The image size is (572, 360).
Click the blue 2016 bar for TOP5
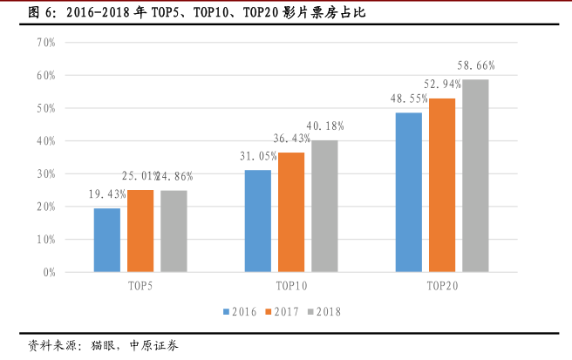(107, 240)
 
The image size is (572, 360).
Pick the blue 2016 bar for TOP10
(257, 221)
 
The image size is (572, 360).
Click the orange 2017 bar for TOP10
(290, 212)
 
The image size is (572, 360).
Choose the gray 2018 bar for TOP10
(323, 206)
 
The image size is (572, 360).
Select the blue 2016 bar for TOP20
(408, 192)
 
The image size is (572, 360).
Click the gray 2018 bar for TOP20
(475, 175)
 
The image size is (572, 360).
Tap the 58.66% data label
(476, 65)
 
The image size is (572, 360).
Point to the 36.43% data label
(291, 139)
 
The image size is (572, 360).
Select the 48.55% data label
(408, 98)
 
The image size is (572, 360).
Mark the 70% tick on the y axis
(45, 43)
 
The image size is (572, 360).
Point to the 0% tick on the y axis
(48, 272)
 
